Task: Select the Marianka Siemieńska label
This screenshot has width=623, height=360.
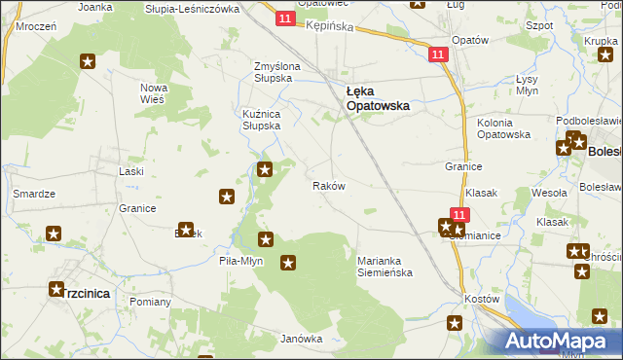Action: (385, 267)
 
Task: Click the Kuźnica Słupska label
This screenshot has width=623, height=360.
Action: (262, 120)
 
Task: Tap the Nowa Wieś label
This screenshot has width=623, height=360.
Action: (154, 93)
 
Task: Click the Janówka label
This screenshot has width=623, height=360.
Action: (301, 339)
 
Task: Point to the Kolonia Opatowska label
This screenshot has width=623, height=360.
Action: (502, 128)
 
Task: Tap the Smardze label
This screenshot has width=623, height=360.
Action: (32, 194)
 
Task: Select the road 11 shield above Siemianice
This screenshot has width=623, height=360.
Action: (460, 214)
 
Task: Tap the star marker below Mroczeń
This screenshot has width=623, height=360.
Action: (88, 62)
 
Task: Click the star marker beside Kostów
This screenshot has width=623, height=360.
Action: (455, 323)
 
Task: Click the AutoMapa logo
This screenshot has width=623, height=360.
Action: (558, 342)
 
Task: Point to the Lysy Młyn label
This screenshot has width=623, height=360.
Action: (527, 85)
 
